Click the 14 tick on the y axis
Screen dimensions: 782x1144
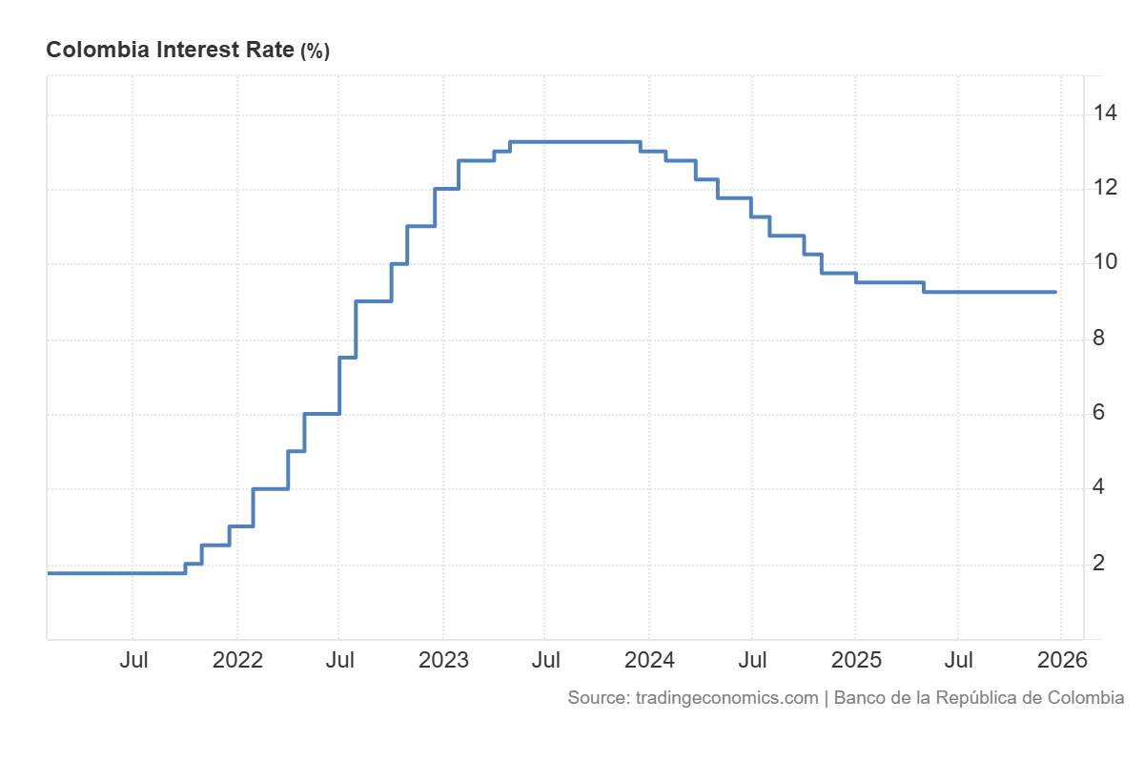coord(1106,114)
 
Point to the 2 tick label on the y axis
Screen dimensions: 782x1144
coord(1099,563)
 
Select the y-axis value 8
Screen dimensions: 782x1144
coord(1099,339)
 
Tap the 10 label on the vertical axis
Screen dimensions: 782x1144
coord(1106,263)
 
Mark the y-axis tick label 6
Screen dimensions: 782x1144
coord(1099,413)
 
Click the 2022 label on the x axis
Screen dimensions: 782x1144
coord(236,660)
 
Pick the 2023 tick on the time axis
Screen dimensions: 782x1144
coord(443,660)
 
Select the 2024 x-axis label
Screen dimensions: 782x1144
coord(649,660)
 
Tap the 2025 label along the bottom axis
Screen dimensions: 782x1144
coord(855,660)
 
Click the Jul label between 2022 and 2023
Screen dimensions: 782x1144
coord(339,660)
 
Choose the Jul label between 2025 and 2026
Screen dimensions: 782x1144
coord(958,660)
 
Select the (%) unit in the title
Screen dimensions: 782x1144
coord(315,51)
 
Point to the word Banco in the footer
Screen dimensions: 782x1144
coord(859,697)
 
